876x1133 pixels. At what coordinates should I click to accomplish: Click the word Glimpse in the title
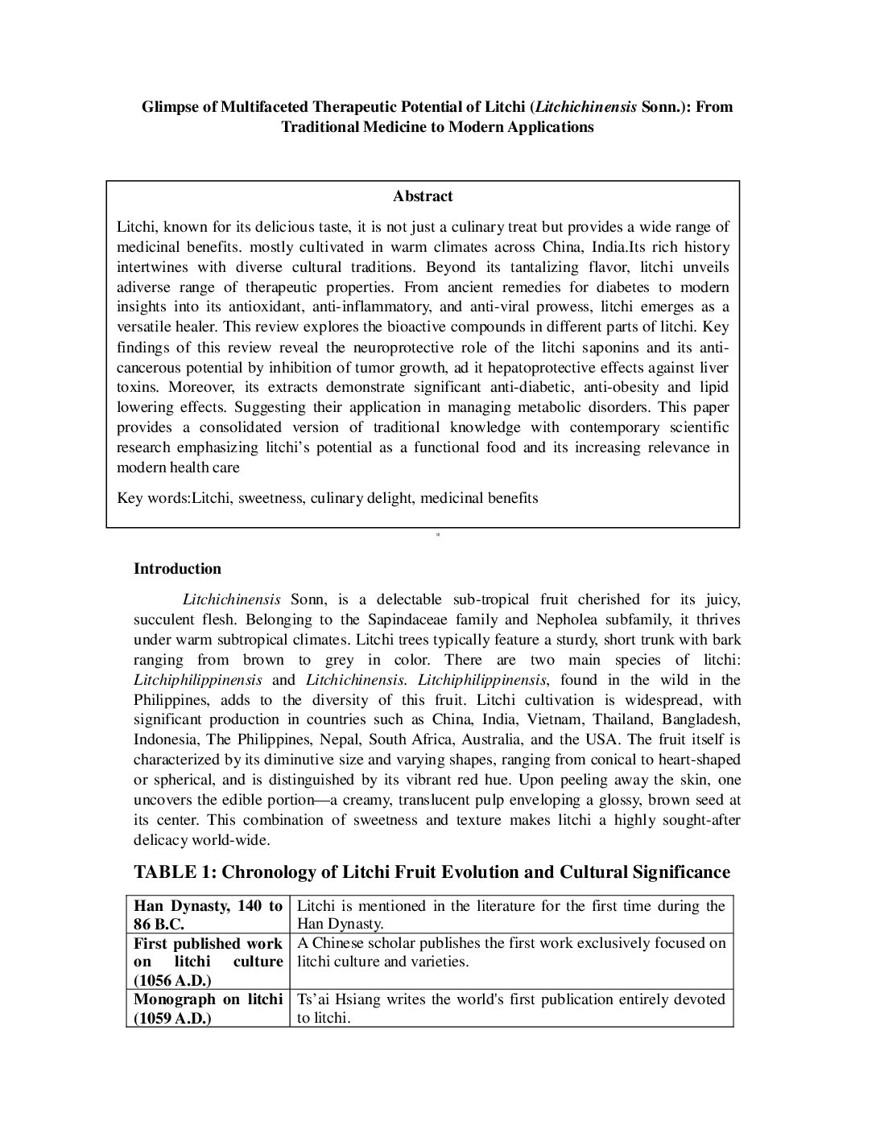tap(169, 106)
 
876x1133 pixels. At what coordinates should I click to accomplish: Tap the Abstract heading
tap(423, 196)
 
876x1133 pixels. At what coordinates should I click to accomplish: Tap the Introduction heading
tap(177, 569)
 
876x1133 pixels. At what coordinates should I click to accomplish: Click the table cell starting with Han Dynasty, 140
tap(208, 915)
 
